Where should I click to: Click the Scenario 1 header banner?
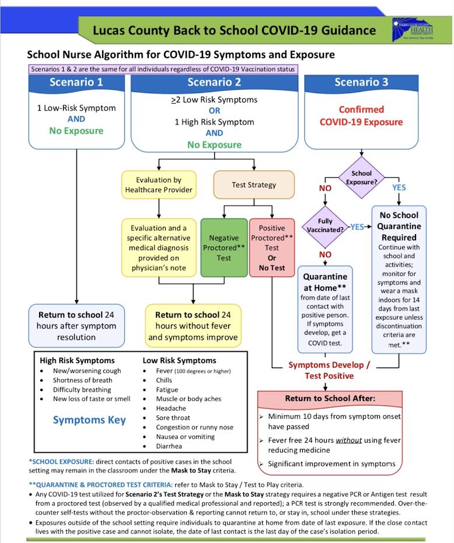pos(76,82)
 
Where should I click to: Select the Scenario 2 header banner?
pos(214,82)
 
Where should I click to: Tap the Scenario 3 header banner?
pos(361,82)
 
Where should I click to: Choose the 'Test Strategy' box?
pos(254,185)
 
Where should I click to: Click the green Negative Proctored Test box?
pos(223,248)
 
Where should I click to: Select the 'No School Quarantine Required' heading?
pos(399,226)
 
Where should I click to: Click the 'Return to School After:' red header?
pos(330,399)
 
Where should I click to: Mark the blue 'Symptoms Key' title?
pos(89,419)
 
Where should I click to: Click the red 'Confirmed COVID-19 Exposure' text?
pos(361,116)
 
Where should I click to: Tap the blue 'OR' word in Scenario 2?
pos(214,111)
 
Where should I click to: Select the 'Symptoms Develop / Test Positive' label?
pos(330,370)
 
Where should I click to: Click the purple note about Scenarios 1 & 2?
pos(163,69)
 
